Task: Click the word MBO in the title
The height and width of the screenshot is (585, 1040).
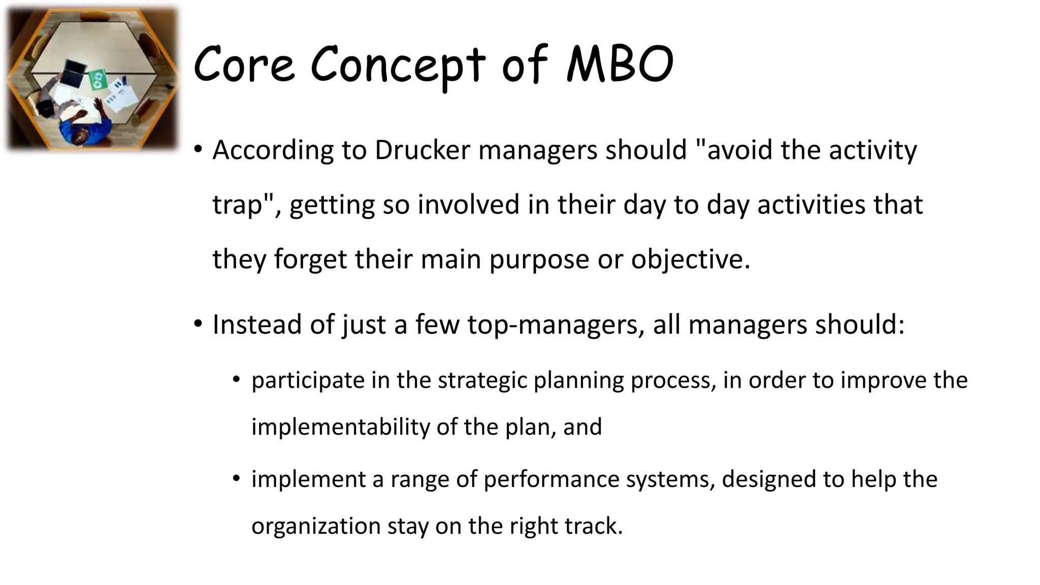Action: pos(620,64)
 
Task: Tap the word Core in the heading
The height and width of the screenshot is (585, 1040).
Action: pos(244,64)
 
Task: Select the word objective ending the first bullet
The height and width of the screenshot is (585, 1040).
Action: pos(690,259)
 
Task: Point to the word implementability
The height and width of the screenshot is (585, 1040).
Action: pos(340,427)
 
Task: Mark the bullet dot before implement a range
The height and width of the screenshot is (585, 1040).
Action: pos(236,478)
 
